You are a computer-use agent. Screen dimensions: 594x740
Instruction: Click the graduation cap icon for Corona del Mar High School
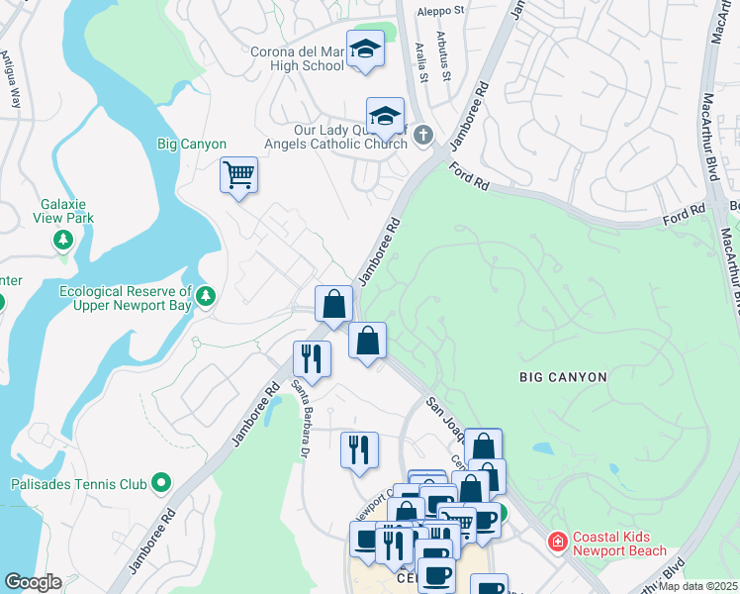pos(365,49)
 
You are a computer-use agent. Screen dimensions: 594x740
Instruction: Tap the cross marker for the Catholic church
pos(423,134)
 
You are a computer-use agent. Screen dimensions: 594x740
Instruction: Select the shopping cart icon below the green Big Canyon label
pos(238,175)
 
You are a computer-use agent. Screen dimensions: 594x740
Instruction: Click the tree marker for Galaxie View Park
pos(63,240)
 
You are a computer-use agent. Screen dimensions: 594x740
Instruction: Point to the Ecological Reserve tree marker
pos(206,295)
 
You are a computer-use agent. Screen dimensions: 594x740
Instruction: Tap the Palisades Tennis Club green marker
pos(161,484)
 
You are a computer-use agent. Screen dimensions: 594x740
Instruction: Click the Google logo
pos(32,582)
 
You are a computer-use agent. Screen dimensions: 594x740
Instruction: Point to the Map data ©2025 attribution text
pos(697,586)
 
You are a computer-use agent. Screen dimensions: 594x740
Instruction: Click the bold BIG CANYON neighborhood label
pos(562,377)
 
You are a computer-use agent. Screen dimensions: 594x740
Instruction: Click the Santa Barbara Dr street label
pos(299,421)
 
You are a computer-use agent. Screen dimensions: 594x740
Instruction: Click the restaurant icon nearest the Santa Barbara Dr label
pos(312,359)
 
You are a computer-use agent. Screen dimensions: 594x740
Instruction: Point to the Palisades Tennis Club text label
pos(77,484)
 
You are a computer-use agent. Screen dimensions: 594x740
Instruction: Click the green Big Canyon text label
pos(192,144)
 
